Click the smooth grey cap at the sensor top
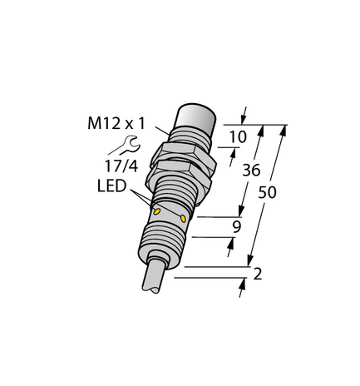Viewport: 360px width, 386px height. click(199, 119)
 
